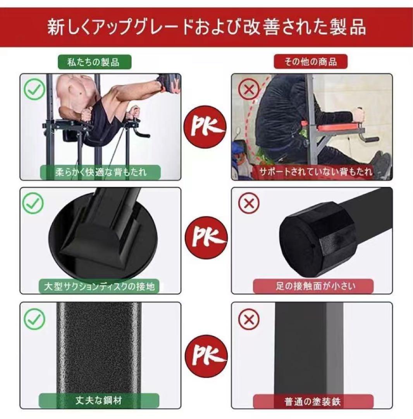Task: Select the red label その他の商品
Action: [x=310, y=61]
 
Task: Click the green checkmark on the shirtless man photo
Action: [x=34, y=89]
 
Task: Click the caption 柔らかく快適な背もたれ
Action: [x=100, y=172]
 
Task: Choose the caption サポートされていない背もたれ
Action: [x=312, y=171]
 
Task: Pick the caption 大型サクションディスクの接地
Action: [x=100, y=286]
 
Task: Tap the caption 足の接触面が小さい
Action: [x=313, y=286]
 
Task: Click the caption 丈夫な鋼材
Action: [x=100, y=400]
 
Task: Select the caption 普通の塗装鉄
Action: [x=313, y=401]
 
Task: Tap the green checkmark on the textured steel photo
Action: [x=34, y=319]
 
